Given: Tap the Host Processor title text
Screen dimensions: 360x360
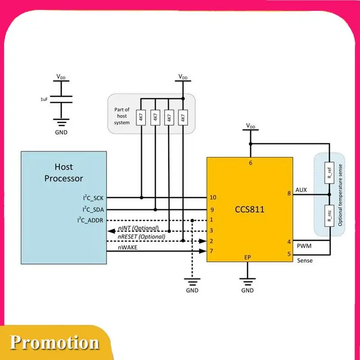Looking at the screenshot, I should coord(63,173).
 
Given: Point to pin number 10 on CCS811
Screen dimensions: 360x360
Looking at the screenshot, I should coord(213,198).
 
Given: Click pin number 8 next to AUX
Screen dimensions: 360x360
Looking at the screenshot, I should coord(288,194).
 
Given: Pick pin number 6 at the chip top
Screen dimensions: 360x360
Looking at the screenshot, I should coord(250,163).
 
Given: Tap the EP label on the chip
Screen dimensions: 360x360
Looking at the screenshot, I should coord(247,257).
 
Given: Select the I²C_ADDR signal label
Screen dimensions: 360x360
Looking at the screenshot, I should coord(92,220).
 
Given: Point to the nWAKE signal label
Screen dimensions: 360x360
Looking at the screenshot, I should coord(128,247).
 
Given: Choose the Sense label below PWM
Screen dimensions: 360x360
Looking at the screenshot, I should coord(305,260).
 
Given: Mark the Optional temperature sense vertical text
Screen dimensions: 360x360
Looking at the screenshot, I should coord(341,195).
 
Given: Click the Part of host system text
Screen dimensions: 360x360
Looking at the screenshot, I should coord(121,116).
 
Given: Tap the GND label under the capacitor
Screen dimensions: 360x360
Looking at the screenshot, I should coord(61,132).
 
